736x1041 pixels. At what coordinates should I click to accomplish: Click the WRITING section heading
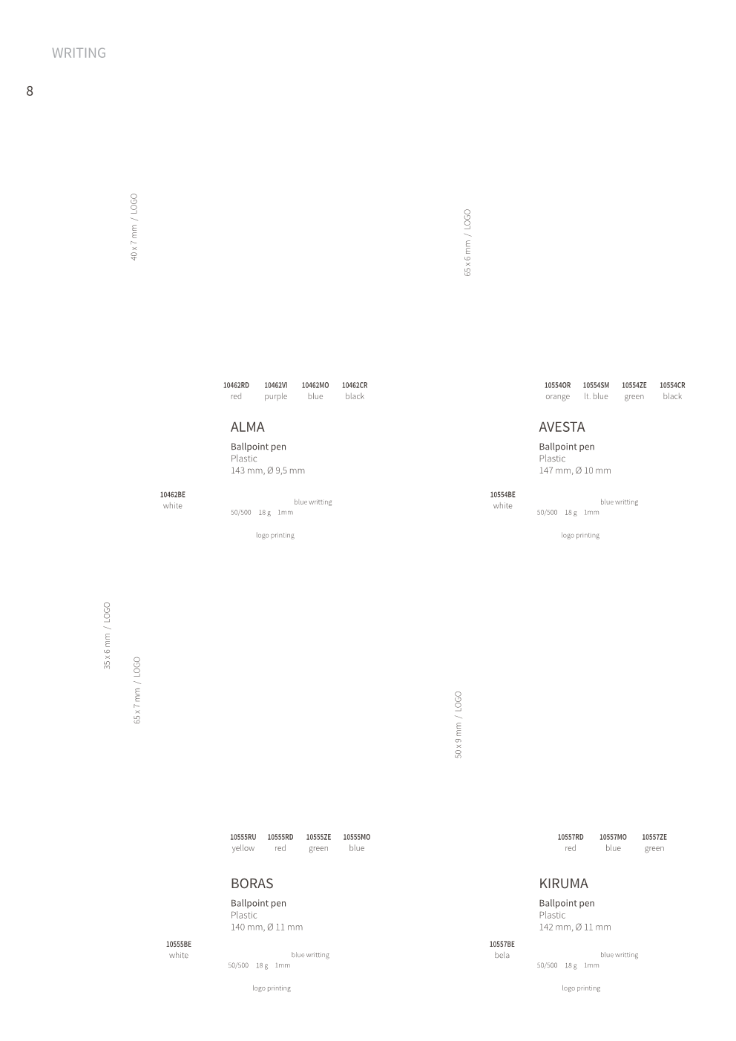pyautogui.click(x=79, y=53)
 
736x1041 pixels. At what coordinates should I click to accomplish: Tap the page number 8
pyautogui.click(x=30, y=91)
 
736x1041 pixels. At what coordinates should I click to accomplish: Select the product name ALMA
pyautogui.click(x=248, y=427)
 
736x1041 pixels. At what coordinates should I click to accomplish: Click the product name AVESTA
pyautogui.click(x=562, y=427)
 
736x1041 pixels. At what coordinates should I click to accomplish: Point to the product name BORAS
pyautogui.click(x=252, y=884)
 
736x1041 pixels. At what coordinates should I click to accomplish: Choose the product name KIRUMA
pyautogui.click(x=564, y=884)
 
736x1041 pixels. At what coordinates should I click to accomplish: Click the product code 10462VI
pyautogui.click(x=276, y=385)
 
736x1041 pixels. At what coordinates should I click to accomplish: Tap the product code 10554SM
pyautogui.click(x=596, y=385)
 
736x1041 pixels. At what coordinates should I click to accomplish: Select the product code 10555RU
pyautogui.click(x=243, y=837)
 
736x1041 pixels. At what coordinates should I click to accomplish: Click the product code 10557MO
pyautogui.click(x=613, y=837)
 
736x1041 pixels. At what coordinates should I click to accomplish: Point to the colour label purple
pyautogui.click(x=276, y=396)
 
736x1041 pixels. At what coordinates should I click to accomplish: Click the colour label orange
pyautogui.click(x=558, y=396)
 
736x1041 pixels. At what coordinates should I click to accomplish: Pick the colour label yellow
pyautogui.click(x=243, y=848)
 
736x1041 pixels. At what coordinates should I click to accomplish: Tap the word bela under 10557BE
pyautogui.click(x=502, y=955)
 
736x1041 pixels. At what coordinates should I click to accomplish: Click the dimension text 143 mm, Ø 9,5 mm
pyautogui.click(x=268, y=470)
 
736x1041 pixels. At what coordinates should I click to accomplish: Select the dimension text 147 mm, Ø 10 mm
pyautogui.click(x=575, y=470)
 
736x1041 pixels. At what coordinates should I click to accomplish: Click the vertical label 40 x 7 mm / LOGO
pyautogui.click(x=134, y=227)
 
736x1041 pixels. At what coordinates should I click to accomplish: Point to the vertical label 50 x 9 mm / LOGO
pyautogui.click(x=458, y=725)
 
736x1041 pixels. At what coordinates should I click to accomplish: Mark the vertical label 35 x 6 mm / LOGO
pyautogui.click(x=107, y=636)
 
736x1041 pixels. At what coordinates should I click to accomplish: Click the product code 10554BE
pyautogui.click(x=503, y=495)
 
